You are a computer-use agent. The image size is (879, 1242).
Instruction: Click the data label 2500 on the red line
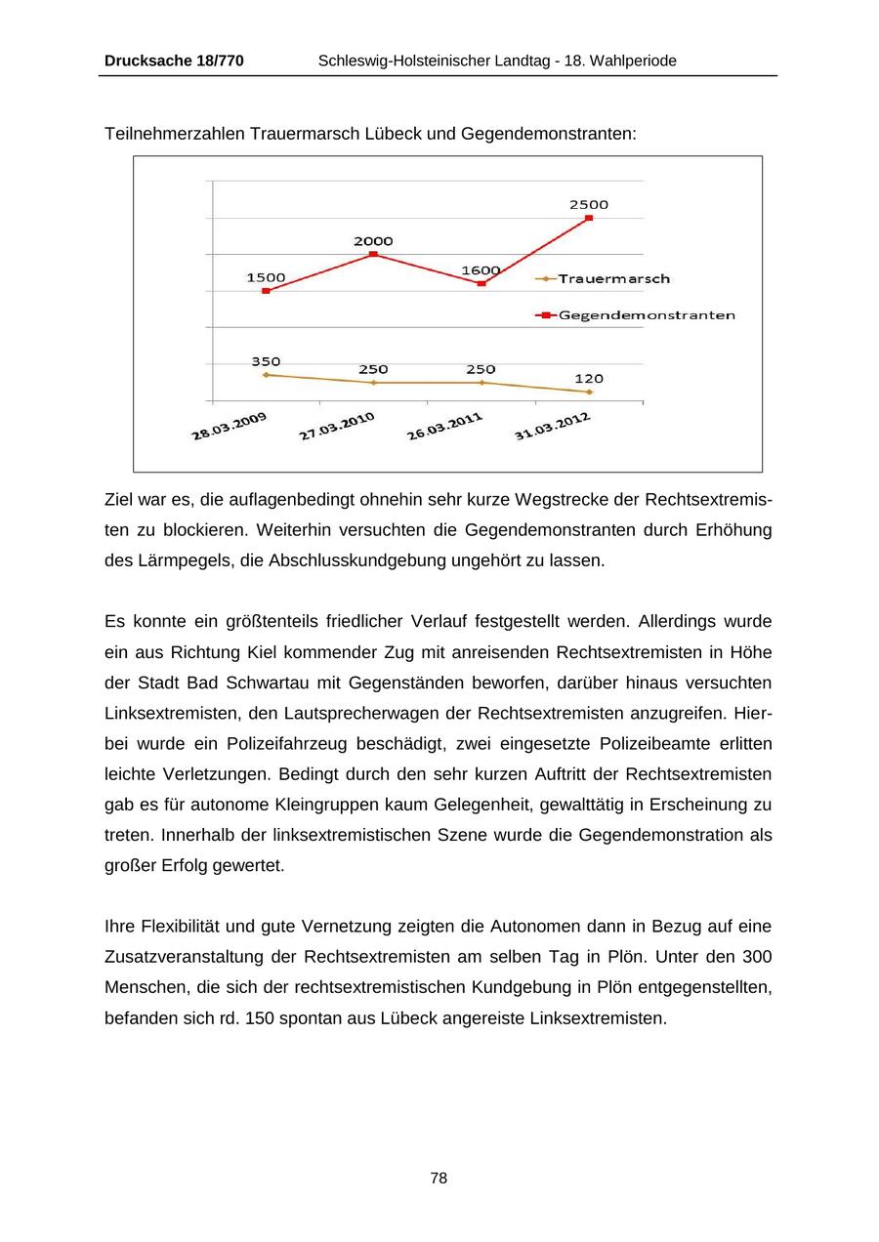pos(589,205)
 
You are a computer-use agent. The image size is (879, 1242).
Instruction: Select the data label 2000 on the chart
pos(373,241)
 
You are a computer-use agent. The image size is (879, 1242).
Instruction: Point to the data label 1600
pos(481,270)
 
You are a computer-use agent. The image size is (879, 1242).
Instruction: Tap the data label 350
pos(266,361)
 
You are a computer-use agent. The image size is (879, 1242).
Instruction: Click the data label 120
pos(589,379)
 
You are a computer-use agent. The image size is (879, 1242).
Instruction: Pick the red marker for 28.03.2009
pos(266,291)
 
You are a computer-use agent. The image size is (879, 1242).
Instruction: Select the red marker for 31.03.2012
pos(589,218)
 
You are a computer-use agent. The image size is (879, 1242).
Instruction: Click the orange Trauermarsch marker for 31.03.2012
pos(589,392)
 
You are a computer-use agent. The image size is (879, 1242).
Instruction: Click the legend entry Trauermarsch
pos(613,279)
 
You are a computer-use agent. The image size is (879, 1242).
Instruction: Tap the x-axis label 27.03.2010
pos(337,427)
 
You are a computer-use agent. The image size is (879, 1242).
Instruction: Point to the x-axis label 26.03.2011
pos(444,427)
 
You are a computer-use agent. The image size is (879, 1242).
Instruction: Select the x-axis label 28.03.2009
pos(229,427)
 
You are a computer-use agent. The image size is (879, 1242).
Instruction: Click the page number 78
pos(439,1179)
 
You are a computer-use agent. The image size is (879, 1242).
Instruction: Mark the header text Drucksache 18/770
pos(174,61)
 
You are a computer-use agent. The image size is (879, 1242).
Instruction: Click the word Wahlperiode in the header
pos(630,61)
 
